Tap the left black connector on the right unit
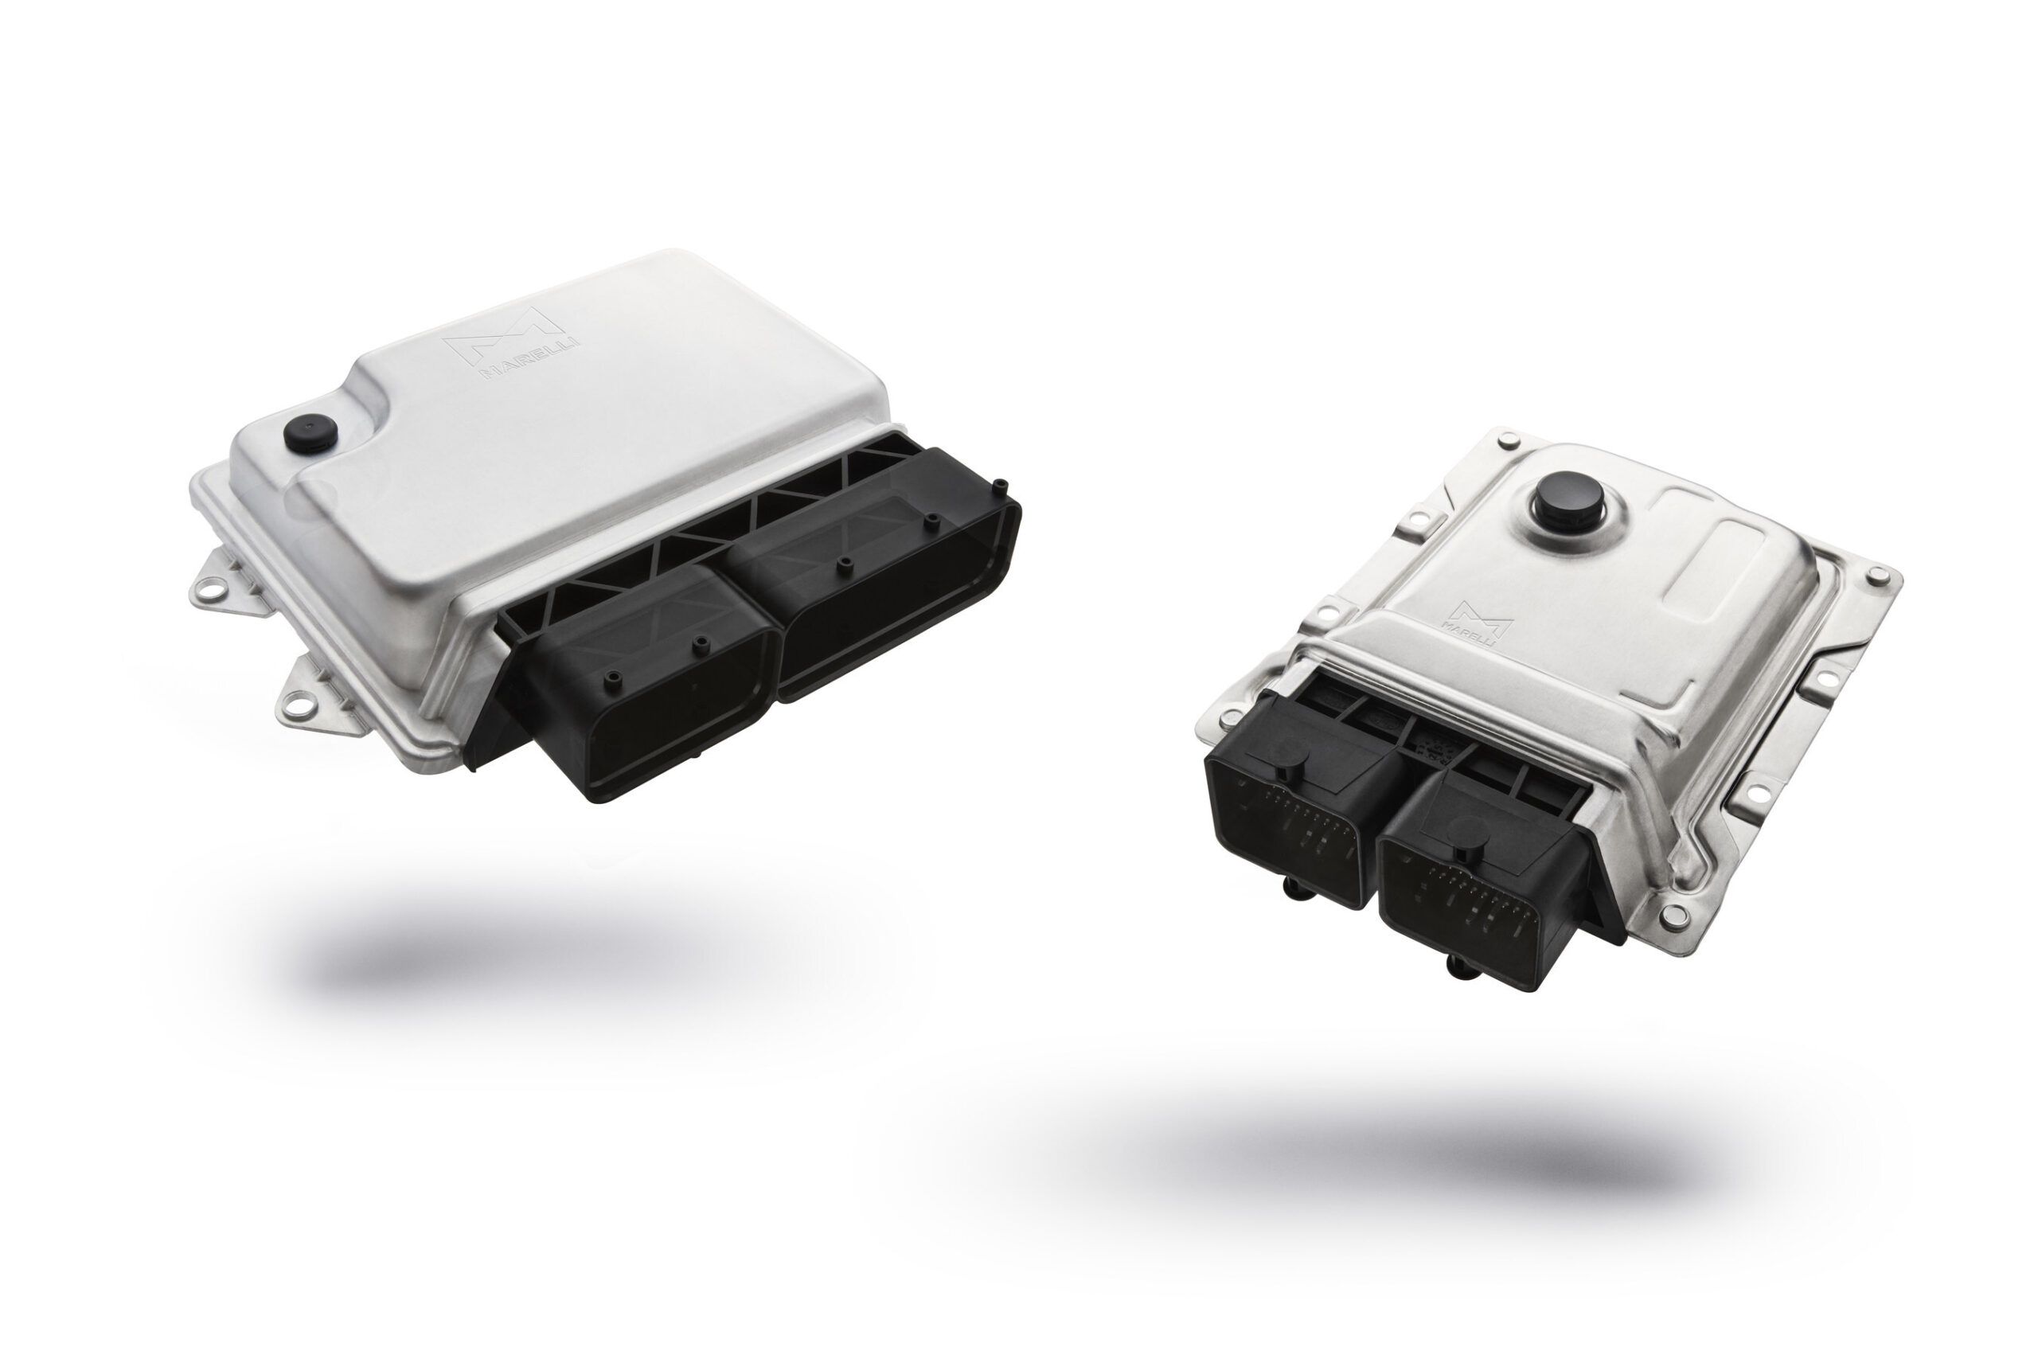(x=1300, y=789)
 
